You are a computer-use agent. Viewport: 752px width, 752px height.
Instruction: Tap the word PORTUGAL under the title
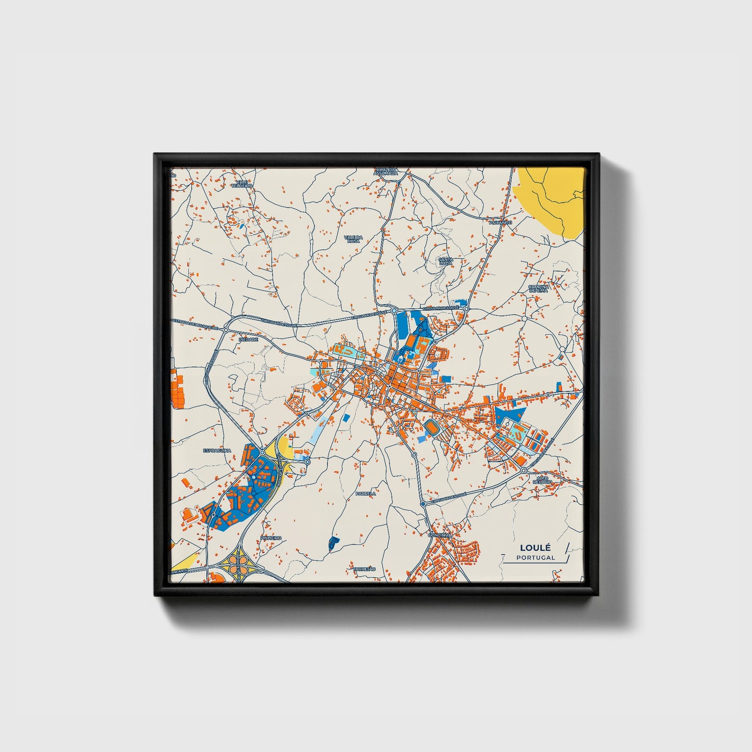[536, 557]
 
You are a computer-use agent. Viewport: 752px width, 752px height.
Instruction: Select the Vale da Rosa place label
[353, 239]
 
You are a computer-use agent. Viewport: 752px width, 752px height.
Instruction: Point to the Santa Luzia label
[445, 261]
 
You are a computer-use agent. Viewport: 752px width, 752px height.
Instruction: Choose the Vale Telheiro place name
[241, 184]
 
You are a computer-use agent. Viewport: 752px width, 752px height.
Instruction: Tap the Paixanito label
[500, 222]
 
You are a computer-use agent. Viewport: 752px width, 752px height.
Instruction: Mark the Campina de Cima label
[538, 288]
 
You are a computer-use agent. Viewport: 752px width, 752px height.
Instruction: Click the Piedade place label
[248, 339]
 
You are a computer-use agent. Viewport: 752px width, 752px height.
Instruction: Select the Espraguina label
[217, 451]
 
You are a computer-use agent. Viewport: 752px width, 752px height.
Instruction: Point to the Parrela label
[365, 493]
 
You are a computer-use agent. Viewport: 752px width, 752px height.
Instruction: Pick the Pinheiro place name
[271, 538]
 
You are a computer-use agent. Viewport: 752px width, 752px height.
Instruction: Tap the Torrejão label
[364, 569]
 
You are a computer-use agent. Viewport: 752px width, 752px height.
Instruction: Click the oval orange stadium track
[431, 428]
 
